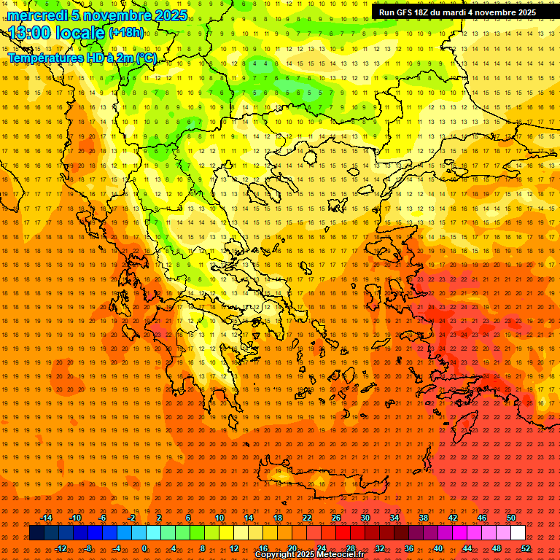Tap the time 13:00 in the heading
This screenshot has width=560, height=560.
pyautogui.click(x=30, y=32)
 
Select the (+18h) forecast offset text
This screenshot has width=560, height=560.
pyautogui.click(x=125, y=32)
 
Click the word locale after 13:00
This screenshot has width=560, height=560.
pyautogui.click(x=79, y=32)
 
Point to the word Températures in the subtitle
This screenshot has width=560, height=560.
pyautogui.click(x=45, y=58)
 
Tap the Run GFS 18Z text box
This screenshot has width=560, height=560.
pyautogui.click(x=457, y=12)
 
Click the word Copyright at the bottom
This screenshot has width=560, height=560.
pyautogui.click(x=276, y=554)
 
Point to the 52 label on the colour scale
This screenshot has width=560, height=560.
pyautogui.click(x=526, y=548)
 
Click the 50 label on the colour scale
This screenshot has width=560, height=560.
pyautogui.click(x=511, y=518)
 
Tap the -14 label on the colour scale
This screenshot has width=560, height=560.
pyautogui.click(x=46, y=518)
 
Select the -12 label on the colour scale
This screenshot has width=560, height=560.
pyautogui.click(x=61, y=548)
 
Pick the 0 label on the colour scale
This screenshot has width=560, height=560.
pyautogui.click(x=144, y=548)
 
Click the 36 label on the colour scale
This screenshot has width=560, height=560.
pyautogui.click(x=409, y=548)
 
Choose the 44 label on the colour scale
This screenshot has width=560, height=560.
pyautogui.click(x=467, y=548)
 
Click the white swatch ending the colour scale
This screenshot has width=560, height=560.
pyautogui.click(x=518, y=533)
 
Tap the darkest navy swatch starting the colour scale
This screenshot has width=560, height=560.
pyautogui.click(x=36, y=533)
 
